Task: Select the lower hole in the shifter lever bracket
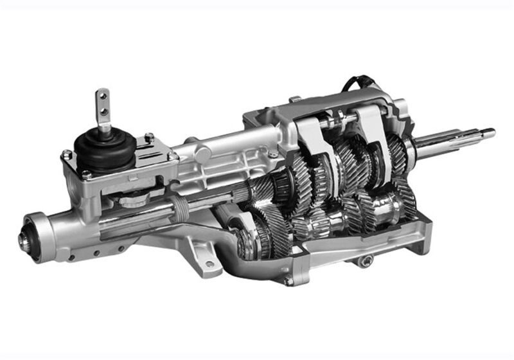[102, 114]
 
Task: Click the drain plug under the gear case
[368, 260]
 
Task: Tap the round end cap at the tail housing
[28, 240]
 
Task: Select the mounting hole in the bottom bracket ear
[208, 264]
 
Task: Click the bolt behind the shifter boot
[148, 137]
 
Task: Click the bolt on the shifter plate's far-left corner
[65, 155]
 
